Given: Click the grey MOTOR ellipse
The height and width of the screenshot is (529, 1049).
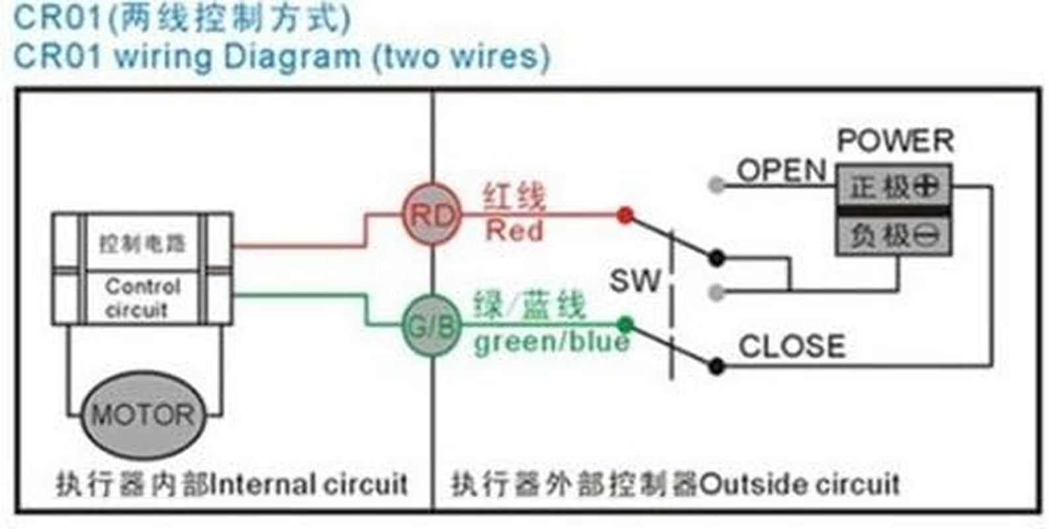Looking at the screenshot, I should click(143, 415).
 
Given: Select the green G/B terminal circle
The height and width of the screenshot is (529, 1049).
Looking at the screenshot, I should click(432, 326).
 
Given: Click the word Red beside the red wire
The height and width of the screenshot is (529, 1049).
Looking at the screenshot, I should click(514, 231).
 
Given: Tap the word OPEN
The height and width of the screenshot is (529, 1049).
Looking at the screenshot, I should click(781, 171).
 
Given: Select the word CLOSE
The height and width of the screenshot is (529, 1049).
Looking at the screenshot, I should click(792, 346).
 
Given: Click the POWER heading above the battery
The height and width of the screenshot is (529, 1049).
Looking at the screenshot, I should click(896, 141).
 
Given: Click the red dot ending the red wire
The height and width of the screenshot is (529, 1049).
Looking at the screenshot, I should click(625, 215).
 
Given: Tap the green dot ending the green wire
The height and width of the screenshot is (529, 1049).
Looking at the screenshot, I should click(625, 325).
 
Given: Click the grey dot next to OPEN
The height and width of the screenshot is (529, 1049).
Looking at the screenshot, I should click(715, 185).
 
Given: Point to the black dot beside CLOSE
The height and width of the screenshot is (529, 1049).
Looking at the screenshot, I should click(716, 366).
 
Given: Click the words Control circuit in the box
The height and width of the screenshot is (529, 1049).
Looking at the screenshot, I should click(141, 298).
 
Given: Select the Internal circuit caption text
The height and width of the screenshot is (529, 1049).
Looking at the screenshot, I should click(308, 485).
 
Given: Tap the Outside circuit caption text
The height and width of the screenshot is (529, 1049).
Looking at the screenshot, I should click(799, 485).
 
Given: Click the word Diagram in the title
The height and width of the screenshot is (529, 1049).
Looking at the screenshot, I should click(291, 56).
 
